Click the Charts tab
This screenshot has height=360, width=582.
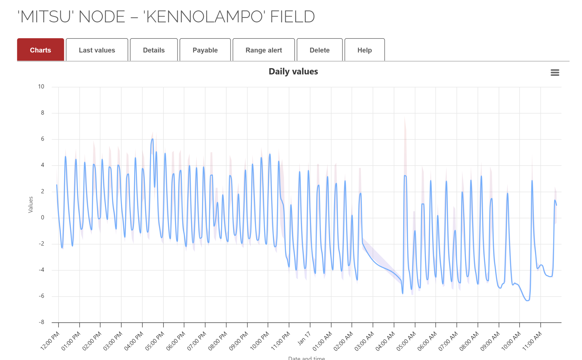click(40, 50)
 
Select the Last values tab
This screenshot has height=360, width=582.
click(97, 50)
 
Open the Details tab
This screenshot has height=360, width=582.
click(154, 50)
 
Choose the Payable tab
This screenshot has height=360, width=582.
click(205, 50)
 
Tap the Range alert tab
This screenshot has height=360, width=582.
click(263, 50)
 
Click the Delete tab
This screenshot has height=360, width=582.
click(319, 50)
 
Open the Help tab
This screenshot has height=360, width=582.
click(364, 50)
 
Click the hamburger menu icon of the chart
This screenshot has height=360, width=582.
click(555, 72)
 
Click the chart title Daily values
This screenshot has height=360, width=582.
click(293, 72)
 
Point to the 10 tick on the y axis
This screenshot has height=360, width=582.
click(41, 87)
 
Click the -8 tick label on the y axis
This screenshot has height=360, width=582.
click(42, 322)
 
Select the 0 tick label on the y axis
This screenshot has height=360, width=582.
click(43, 217)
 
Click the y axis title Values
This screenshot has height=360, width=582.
click(31, 204)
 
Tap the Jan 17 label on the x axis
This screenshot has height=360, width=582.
click(304, 338)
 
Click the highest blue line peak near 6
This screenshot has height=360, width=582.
click(152, 139)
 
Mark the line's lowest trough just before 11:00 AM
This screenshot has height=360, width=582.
click(527, 300)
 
